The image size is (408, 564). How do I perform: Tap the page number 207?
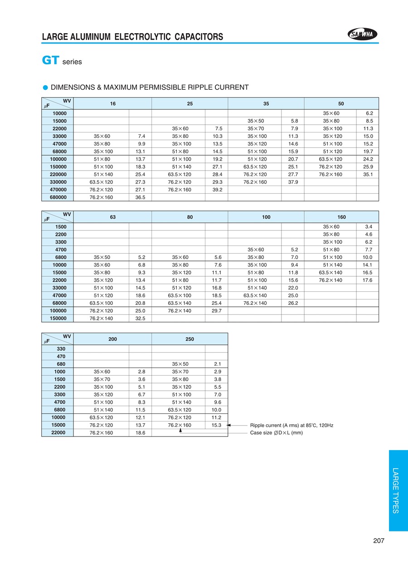click(379, 540)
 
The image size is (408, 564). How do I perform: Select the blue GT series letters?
click(50, 60)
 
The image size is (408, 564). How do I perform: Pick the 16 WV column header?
click(112, 104)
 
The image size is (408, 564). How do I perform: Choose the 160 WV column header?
click(341, 217)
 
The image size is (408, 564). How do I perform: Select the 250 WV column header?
click(189, 339)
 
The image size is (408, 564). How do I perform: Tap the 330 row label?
click(61, 349)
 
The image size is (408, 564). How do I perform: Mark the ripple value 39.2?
click(217, 190)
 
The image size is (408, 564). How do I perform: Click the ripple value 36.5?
click(140, 197)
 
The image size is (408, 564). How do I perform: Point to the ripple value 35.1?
click(368, 174)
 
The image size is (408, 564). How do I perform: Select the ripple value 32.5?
click(140, 319)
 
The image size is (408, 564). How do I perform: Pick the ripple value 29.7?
click(217, 311)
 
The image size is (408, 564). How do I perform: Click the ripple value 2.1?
click(218, 364)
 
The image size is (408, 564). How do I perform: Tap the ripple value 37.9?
click(293, 182)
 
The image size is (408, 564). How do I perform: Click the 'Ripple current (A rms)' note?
click(291, 425)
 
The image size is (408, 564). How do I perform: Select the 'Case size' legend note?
click(277, 433)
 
